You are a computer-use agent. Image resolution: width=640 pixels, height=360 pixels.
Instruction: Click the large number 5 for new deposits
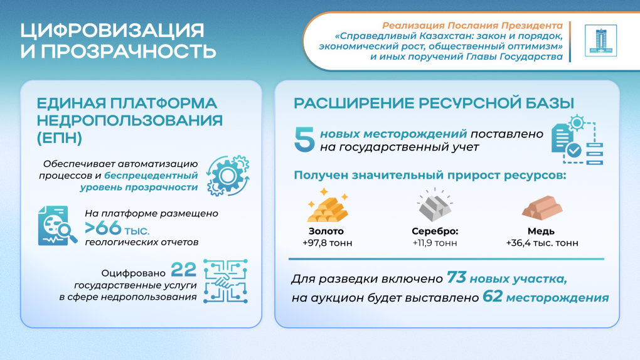[x=305, y=139]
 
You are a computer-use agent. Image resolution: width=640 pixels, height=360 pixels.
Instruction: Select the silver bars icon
[x=435, y=205]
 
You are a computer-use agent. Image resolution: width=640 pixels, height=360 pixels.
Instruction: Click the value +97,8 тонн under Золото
[x=327, y=243]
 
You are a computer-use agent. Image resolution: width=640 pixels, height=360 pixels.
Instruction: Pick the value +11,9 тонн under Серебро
[x=435, y=243]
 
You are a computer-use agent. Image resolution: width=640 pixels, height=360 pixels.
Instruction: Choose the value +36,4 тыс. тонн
[x=541, y=243]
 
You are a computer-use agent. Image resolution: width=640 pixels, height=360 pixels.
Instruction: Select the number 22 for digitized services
[x=184, y=270]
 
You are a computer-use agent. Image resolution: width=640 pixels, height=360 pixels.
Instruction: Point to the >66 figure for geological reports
[x=103, y=228]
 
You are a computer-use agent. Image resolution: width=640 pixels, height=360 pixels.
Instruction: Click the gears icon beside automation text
[x=227, y=174]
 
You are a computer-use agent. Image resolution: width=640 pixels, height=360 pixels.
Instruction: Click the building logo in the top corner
[x=600, y=41]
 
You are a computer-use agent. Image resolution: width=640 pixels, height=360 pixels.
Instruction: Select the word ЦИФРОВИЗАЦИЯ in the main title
[x=112, y=30]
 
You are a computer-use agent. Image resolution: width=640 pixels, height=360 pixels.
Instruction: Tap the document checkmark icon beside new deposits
[x=575, y=139]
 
